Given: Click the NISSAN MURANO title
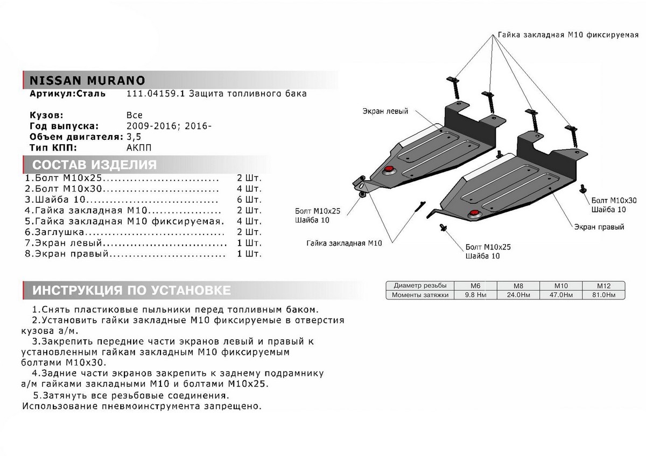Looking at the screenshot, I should [87, 80].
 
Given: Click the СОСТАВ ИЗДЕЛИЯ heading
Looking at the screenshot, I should [95, 165].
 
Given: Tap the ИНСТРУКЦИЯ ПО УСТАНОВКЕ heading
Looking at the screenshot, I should [132, 291].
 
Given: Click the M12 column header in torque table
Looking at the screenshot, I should [603, 286].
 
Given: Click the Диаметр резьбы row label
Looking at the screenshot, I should [420, 286].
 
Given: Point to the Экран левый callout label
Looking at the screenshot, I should [385, 111].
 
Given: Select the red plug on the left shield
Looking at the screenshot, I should [388, 170].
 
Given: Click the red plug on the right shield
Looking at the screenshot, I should [474, 214].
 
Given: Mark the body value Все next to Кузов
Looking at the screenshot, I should [135, 115].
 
